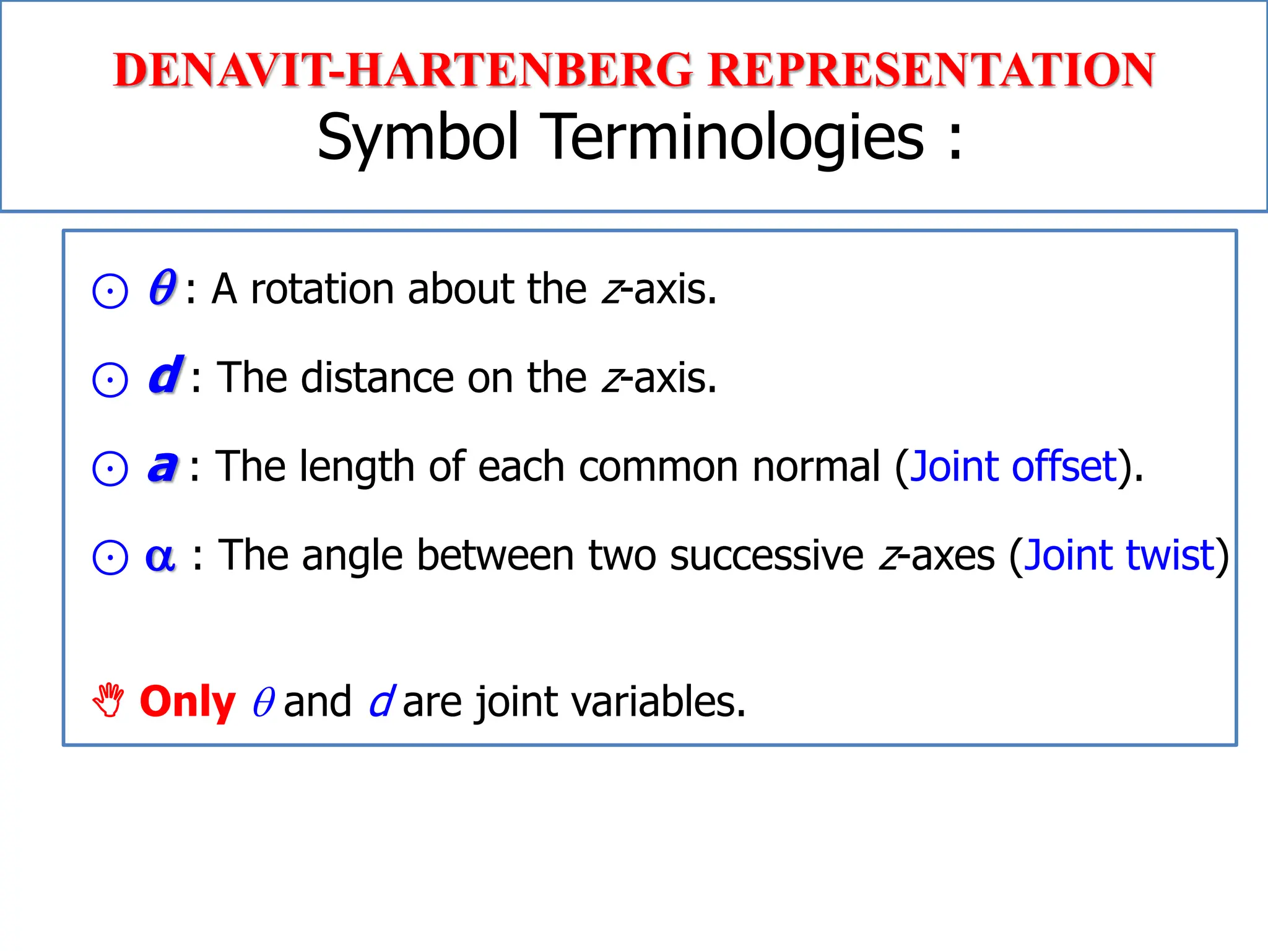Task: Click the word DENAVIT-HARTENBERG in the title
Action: [x=402, y=70]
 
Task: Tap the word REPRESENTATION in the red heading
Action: [x=931, y=70]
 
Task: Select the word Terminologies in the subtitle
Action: [x=734, y=137]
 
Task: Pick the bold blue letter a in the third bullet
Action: [x=163, y=466]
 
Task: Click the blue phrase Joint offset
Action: [x=1014, y=466]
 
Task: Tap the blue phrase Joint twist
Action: [x=1119, y=555]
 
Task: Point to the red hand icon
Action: [x=109, y=700]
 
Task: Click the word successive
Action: [x=766, y=555]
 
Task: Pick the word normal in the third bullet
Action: [x=815, y=466]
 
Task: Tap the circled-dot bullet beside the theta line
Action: [x=110, y=291]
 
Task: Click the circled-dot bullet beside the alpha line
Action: [x=110, y=557]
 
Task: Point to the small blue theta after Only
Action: [x=263, y=702]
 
